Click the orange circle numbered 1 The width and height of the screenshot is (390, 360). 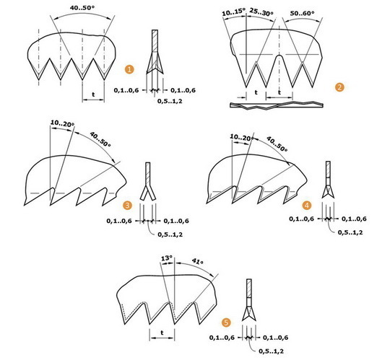click(x=129, y=69)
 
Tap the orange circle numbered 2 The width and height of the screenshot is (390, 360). click(x=339, y=87)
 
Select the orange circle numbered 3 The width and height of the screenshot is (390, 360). click(x=128, y=206)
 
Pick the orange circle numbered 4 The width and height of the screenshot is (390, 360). click(x=307, y=206)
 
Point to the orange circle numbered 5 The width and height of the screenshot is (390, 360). click(x=226, y=322)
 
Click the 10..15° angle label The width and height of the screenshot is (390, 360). click(x=233, y=12)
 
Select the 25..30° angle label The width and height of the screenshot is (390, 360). click(x=261, y=12)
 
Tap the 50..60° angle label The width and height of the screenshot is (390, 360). click(x=303, y=13)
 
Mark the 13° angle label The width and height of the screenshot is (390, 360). click(x=167, y=258)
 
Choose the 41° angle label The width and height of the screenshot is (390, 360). click(x=197, y=261)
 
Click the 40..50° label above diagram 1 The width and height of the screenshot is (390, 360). click(x=82, y=8)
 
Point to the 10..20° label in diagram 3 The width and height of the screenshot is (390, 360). click(x=62, y=123)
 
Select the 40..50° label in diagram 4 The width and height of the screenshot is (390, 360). click(x=277, y=144)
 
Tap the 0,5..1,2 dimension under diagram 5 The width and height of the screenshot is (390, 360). click(x=271, y=351)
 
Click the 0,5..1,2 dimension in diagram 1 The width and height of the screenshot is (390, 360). click(x=170, y=101)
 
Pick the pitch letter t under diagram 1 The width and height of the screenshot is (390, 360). click(x=93, y=95)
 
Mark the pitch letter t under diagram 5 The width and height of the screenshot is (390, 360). click(x=162, y=333)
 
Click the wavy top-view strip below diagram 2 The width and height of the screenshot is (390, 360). click(x=277, y=105)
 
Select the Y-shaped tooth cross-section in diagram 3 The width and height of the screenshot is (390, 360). click(x=148, y=181)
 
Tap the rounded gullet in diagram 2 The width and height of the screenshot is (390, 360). click(x=279, y=57)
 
